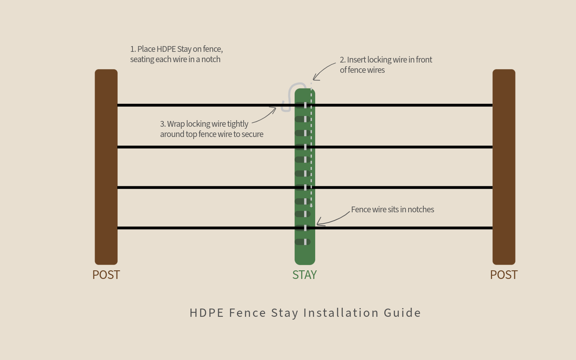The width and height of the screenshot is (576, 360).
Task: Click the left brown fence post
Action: point(106,167)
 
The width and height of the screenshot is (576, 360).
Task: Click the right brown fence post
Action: point(504,167)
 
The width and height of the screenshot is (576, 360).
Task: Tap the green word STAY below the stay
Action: point(304,275)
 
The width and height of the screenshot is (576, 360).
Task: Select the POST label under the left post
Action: point(106,275)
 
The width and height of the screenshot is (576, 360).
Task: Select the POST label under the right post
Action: point(504,275)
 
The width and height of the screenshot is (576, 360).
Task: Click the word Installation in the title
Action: point(341,313)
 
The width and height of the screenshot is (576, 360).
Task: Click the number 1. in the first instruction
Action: point(133,49)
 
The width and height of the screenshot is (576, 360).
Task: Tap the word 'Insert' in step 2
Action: point(356,60)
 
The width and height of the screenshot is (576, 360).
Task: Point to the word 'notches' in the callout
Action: point(420,210)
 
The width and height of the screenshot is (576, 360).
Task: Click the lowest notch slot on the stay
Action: point(303,242)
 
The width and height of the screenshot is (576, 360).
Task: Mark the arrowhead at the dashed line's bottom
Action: point(311,205)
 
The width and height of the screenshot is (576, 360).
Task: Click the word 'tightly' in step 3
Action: point(238,124)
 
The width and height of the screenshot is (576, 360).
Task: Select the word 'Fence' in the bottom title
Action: point(247,313)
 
